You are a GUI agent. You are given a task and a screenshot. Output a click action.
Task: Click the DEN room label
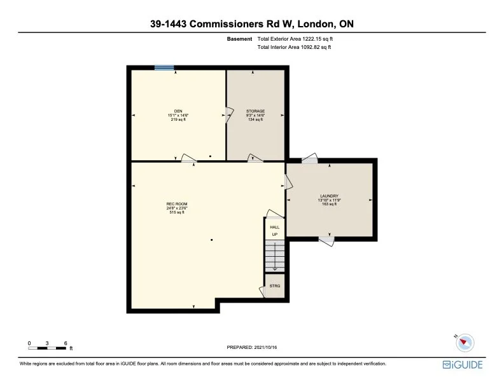[x=178, y=111]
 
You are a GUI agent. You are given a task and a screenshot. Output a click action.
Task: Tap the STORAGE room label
[x=255, y=111]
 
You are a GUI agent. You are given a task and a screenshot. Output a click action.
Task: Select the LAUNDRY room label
[x=329, y=196]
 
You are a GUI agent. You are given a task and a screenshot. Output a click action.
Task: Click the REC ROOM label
[x=176, y=205]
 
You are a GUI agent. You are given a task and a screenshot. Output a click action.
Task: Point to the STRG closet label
[x=275, y=286]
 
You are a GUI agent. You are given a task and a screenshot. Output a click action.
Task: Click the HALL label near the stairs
[x=275, y=227]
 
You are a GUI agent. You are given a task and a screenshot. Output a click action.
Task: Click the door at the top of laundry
[x=309, y=159]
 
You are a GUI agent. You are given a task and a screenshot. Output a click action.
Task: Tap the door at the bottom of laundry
[x=326, y=240]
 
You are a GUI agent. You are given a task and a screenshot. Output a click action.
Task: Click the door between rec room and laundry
[x=288, y=182]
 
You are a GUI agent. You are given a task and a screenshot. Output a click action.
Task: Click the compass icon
[x=465, y=342]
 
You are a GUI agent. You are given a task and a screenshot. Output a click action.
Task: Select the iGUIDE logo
[x=463, y=364]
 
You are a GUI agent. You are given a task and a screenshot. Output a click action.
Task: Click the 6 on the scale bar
[x=66, y=343]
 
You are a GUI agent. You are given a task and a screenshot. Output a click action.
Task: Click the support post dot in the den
[x=210, y=156]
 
